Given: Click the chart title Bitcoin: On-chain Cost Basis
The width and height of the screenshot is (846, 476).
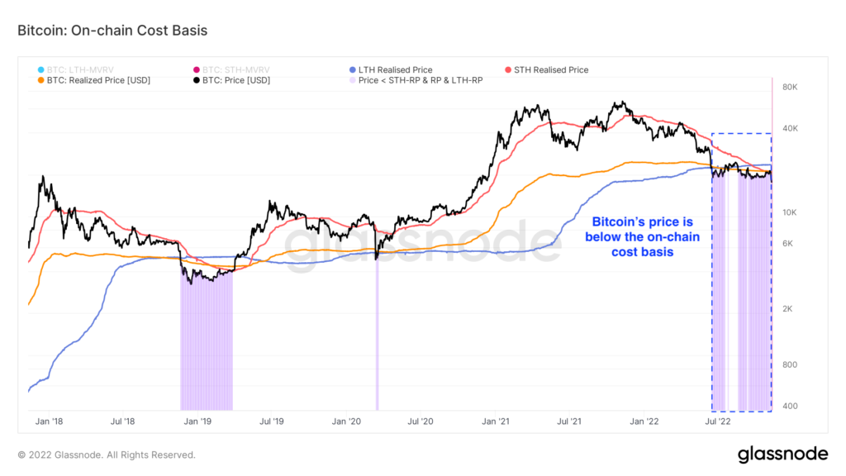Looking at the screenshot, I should click(x=112, y=31).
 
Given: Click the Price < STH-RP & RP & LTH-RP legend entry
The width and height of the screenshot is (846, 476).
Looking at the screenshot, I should click(x=420, y=81).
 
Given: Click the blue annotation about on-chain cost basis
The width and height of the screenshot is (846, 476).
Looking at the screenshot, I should click(x=641, y=237).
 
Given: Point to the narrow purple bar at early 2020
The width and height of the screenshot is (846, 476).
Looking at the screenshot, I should click(x=378, y=339).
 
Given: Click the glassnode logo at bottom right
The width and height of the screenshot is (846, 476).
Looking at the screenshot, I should click(x=781, y=454).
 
